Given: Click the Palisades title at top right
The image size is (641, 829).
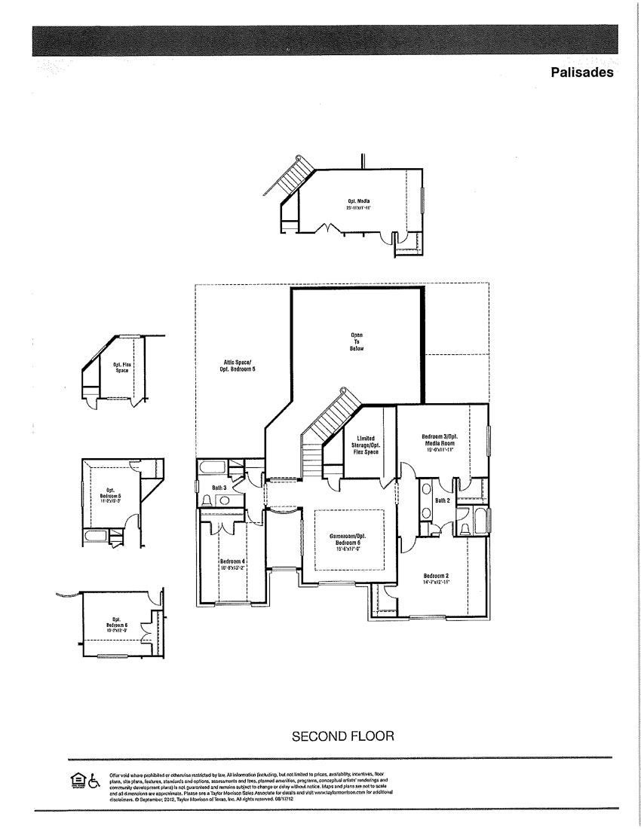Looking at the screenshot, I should (582, 73).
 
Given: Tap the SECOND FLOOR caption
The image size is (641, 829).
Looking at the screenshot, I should (343, 736).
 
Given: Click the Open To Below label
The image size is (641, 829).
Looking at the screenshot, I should (357, 342).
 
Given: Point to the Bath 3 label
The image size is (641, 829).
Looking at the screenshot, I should (219, 488).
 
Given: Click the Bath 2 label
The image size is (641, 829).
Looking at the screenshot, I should (442, 500).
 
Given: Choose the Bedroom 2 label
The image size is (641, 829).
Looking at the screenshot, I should (437, 579).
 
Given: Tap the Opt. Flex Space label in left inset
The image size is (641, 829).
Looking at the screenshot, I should (122, 367).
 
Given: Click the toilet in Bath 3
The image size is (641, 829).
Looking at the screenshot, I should (206, 501).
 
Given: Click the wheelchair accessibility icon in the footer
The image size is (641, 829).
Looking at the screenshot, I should (94, 780).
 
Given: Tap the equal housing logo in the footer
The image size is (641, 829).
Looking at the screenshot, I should (77, 780).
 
